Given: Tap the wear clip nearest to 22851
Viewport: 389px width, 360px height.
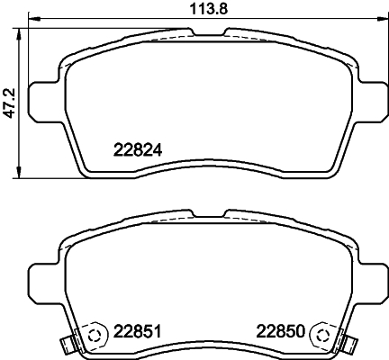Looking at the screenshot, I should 65,343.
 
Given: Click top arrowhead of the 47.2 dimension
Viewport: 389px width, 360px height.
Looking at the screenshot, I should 23,31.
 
